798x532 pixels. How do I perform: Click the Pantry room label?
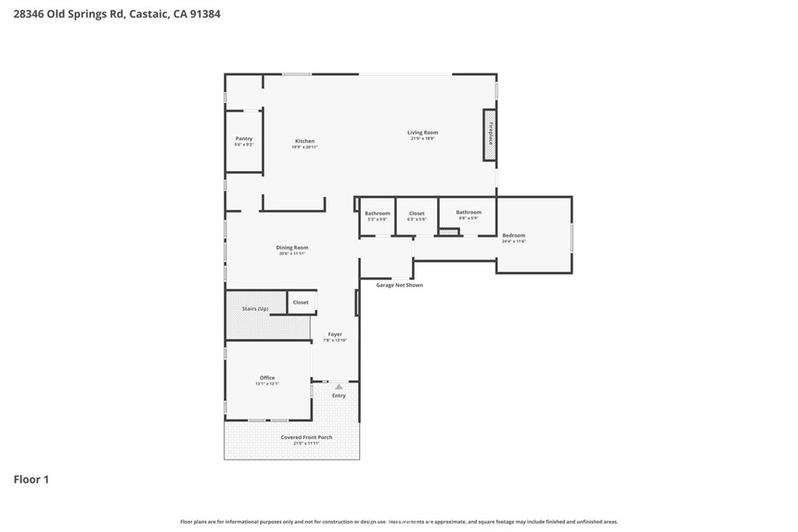[x=244, y=139]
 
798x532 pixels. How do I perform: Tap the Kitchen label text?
[x=305, y=142]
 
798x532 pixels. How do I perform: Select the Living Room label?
[x=422, y=133]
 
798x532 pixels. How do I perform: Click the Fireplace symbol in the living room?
[x=490, y=135]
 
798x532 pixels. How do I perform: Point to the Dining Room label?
[x=292, y=248]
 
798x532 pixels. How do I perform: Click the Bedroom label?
[x=514, y=236]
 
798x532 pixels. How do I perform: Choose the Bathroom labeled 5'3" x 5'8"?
[x=377, y=213]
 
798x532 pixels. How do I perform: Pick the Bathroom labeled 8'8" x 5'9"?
[x=468, y=213]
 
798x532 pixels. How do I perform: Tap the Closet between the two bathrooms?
[x=417, y=213]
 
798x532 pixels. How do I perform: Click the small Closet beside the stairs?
[x=302, y=302]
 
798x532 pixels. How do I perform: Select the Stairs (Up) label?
[x=255, y=309]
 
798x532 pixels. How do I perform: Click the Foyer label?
[x=335, y=335]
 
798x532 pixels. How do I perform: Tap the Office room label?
[x=267, y=379]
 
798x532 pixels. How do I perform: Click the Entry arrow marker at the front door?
[x=338, y=386]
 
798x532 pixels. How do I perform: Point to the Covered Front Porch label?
[x=306, y=438]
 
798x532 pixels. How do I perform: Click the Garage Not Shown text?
[x=399, y=285]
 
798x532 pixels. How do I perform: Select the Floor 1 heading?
[x=31, y=480]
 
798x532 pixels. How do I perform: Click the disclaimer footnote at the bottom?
[x=399, y=522]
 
